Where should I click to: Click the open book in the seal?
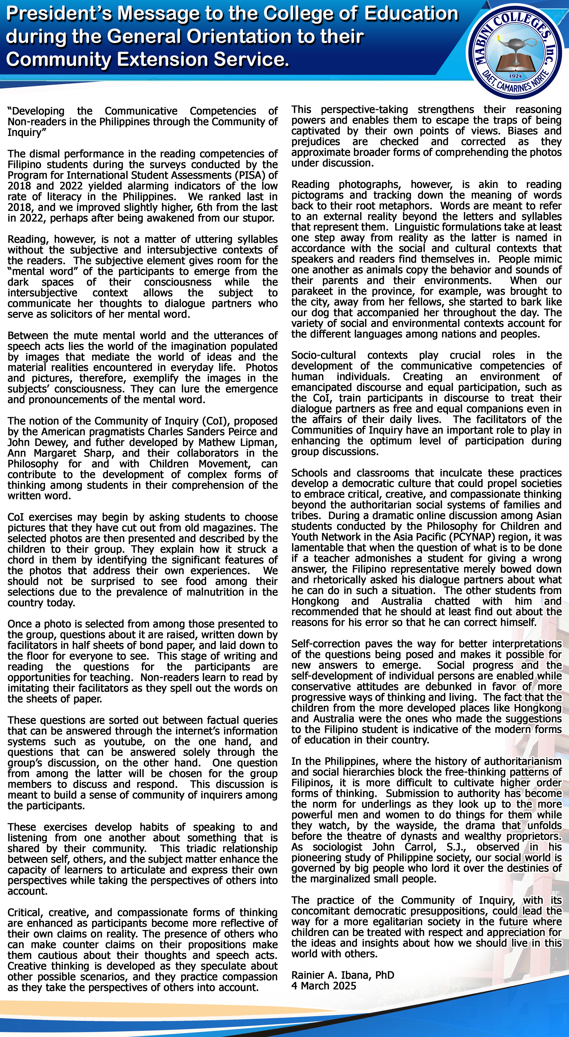pyautogui.click(x=515, y=64)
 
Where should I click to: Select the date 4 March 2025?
pyautogui.click(x=324, y=985)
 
